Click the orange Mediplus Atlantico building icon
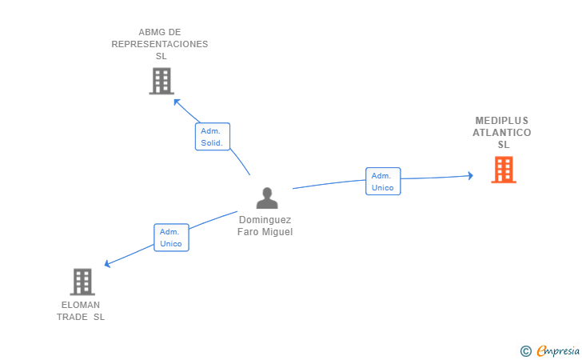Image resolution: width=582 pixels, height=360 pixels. point(503,170)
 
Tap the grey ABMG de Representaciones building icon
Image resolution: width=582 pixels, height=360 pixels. point(161,81)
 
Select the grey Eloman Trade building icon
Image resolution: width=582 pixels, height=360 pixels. point(82,282)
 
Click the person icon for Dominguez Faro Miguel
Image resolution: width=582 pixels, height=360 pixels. point(266,198)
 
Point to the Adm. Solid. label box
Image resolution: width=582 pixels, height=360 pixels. point(213,137)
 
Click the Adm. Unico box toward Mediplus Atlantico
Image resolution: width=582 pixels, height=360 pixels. point(383,181)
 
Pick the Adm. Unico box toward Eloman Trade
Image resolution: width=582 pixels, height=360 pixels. point(171,238)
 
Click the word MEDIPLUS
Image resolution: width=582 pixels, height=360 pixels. point(502,121)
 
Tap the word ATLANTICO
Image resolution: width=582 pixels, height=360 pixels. point(502,133)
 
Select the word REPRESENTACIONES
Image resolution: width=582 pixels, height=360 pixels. point(160,45)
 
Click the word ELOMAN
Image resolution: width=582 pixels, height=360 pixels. point(81,305)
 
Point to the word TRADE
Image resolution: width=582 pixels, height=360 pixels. point(71,317)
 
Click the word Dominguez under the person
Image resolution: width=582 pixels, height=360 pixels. point(265,220)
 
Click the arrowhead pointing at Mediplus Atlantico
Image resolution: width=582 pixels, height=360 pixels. point(470,175)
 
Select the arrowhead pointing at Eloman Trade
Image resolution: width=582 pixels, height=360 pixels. point(108,264)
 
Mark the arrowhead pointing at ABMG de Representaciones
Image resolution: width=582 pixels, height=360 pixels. point(177,102)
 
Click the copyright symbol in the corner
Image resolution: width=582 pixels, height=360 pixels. point(525,350)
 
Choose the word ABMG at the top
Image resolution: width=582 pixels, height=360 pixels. point(149,33)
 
